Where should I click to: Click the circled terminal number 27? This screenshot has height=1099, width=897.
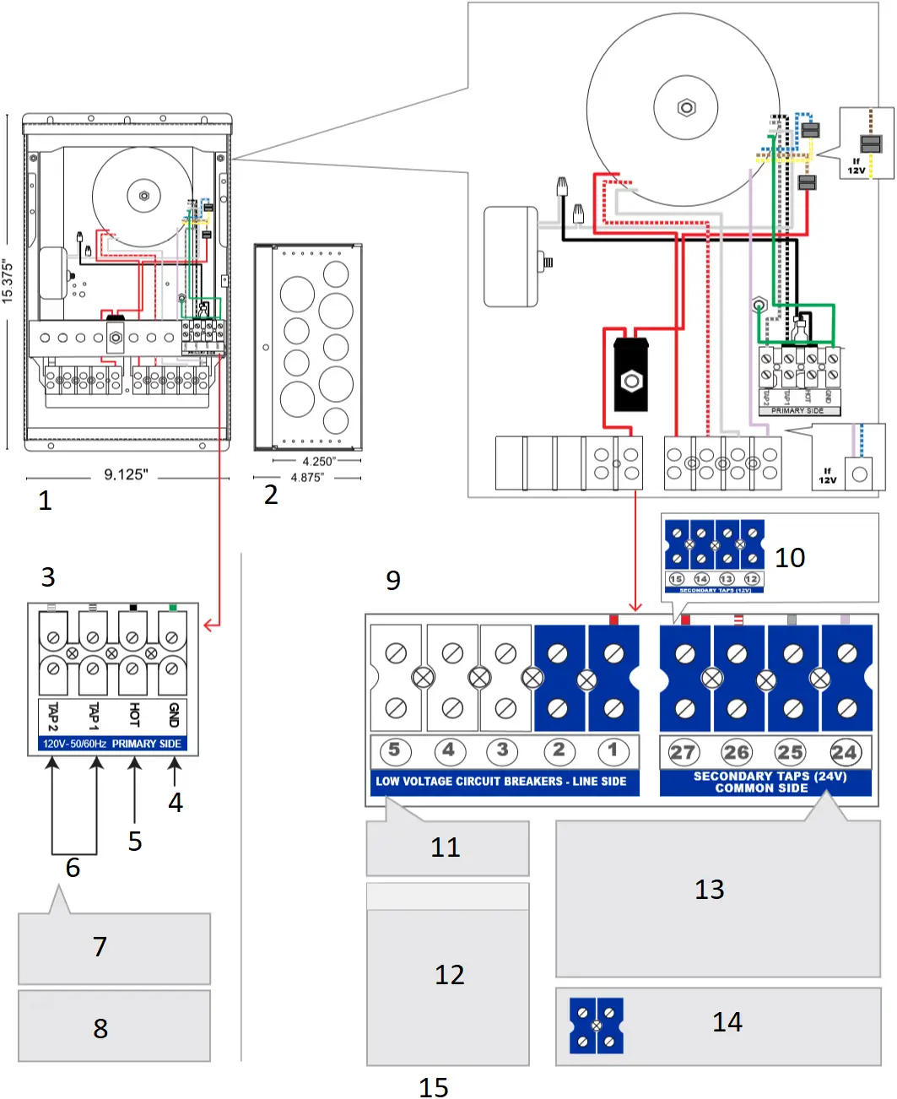(682, 752)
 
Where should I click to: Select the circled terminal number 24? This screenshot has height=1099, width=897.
(844, 752)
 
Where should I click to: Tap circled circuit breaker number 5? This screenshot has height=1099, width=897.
(394, 750)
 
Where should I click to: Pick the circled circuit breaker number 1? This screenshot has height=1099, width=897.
(613, 750)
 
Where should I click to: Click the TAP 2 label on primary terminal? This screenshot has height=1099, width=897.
(53, 716)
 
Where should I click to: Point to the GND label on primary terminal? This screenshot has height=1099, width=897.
(174, 716)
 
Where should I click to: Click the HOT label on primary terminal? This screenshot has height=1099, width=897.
(133, 716)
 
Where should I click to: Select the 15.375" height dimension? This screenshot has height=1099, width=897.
(8, 281)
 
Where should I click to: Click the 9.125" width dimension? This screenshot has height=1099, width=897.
(126, 475)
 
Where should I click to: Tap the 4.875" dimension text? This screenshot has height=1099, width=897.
(306, 478)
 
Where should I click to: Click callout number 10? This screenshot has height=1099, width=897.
(790, 558)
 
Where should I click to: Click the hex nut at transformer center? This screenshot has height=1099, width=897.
(686, 108)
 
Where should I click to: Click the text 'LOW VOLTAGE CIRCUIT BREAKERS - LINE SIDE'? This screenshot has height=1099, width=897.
(501, 782)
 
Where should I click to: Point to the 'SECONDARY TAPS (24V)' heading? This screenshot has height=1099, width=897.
(769, 776)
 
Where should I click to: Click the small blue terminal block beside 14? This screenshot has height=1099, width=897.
(597, 1026)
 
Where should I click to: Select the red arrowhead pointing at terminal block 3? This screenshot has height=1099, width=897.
(208, 625)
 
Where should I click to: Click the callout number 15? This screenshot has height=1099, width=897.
(434, 1087)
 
